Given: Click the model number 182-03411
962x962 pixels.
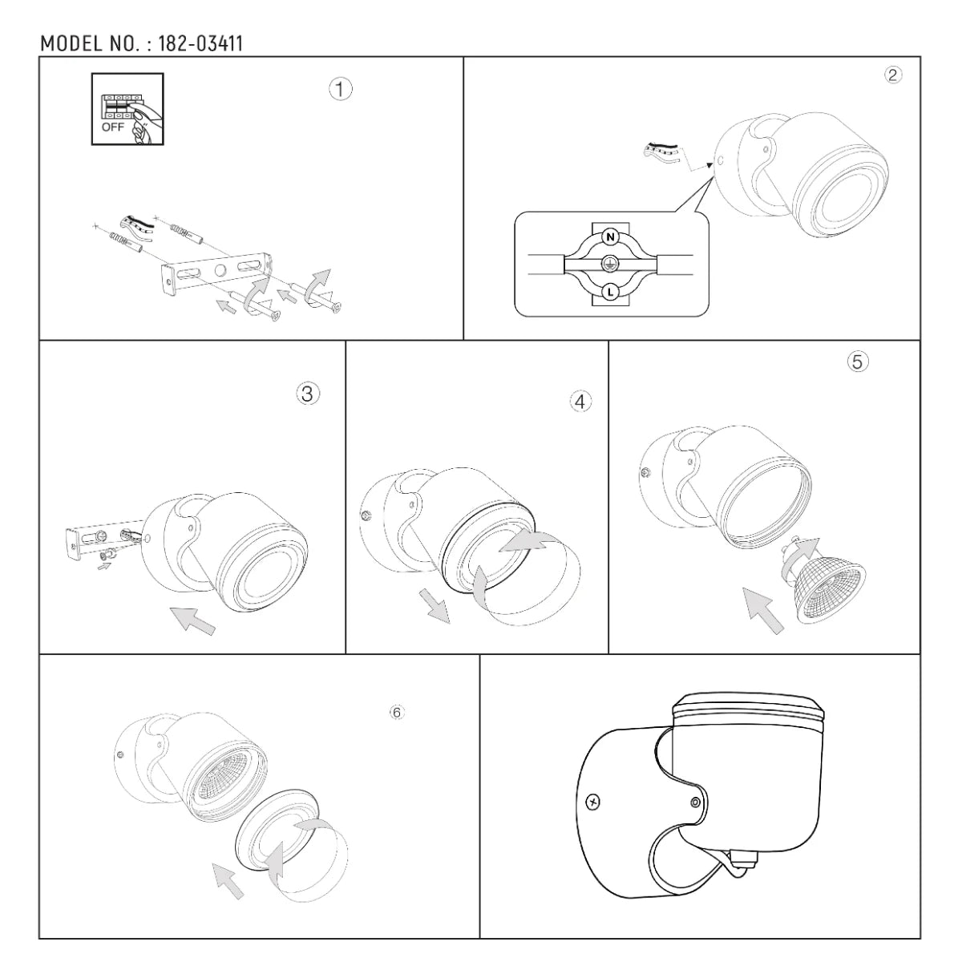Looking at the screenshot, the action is click(200, 44).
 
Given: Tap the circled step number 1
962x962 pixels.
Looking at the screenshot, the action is click(341, 89).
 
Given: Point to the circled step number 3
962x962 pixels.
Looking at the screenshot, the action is click(308, 394).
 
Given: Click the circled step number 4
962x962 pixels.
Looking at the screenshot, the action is click(580, 402).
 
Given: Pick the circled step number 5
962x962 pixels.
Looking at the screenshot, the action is click(858, 362).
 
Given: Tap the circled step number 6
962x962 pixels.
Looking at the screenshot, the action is click(397, 713).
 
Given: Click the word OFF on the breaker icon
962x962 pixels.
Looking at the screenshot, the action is click(112, 127).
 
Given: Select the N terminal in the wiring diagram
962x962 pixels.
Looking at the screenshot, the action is click(610, 236).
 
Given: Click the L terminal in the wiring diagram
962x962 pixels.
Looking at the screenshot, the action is click(610, 292).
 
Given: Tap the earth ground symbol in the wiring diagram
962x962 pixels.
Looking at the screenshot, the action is click(608, 264).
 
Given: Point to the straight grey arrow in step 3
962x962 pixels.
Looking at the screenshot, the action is click(192, 620).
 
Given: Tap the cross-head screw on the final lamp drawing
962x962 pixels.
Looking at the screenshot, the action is click(592, 803).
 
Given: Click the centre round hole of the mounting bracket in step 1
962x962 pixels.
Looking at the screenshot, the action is click(220, 271).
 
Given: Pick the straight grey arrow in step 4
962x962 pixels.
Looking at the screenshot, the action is click(434, 605).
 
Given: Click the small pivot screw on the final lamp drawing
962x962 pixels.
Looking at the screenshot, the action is click(695, 803).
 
